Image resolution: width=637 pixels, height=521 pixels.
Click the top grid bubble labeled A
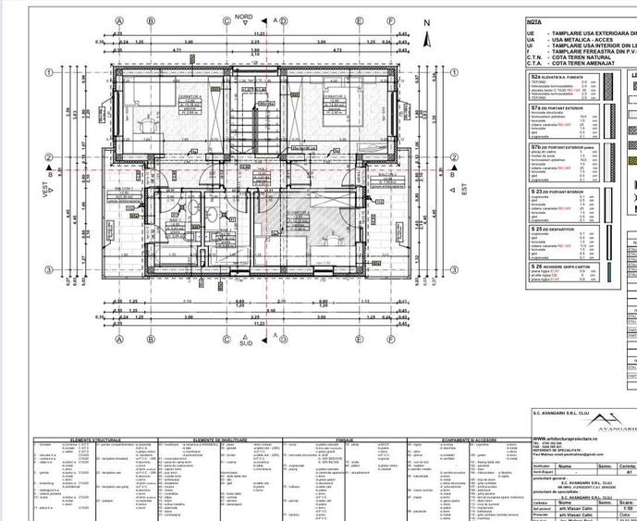point(118,19)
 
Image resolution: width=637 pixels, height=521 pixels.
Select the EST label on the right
point(464,188)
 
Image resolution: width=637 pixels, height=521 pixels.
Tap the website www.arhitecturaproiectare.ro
point(563,465)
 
